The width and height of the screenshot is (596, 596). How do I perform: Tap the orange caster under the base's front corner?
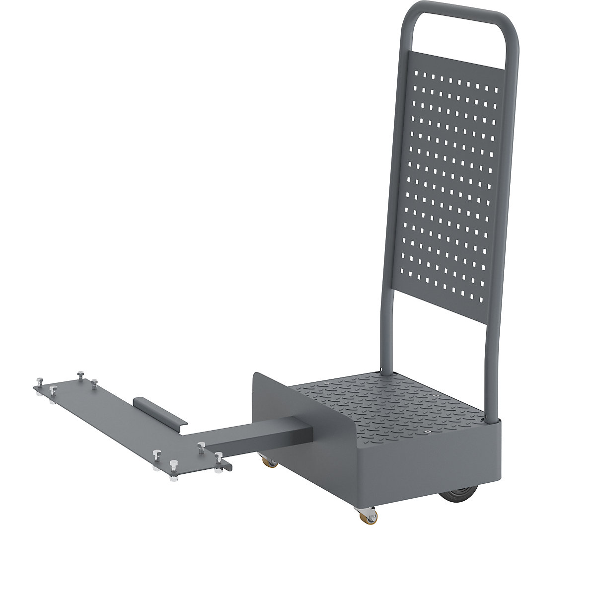click(371, 517)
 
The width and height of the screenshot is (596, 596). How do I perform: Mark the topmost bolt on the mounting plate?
click(79, 372)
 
